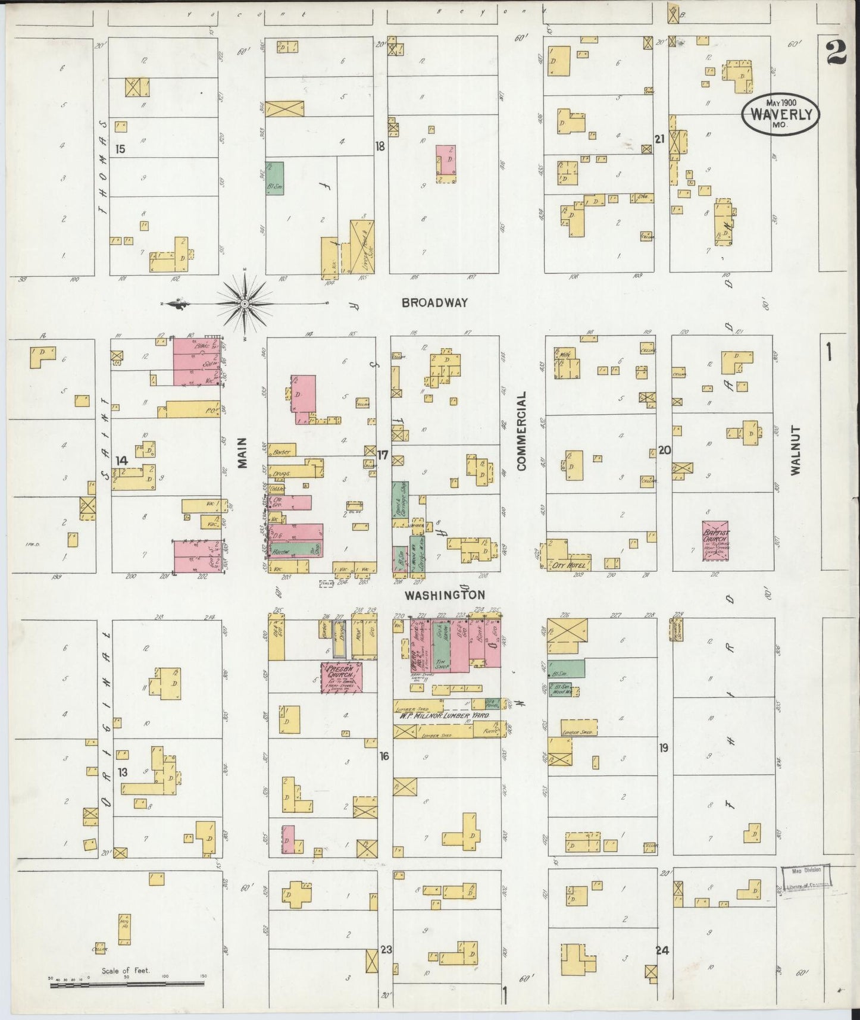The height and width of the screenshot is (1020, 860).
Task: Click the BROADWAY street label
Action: pyautogui.click(x=434, y=302)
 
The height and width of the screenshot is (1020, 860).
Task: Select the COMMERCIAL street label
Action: pyautogui.click(x=522, y=431)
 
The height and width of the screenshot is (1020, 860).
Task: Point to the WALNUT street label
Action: pyautogui.click(x=796, y=450)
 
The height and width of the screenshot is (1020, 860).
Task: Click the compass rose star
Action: pyautogui.click(x=245, y=304)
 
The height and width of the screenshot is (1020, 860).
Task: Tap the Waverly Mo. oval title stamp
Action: pyautogui.click(x=780, y=113)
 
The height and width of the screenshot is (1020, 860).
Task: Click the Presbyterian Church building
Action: pyautogui.click(x=341, y=678)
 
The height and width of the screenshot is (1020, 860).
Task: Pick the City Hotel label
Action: pyautogui.click(x=570, y=564)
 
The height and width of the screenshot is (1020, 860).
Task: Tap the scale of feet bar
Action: pyautogui.click(x=127, y=984)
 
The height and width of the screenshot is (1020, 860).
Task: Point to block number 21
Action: pyautogui.click(x=659, y=139)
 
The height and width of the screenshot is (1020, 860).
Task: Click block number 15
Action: pyautogui.click(x=121, y=149)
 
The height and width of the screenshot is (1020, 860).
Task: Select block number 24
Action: pyautogui.click(x=662, y=950)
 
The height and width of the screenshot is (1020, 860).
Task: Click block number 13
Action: pyautogui.click(x=122, y=772)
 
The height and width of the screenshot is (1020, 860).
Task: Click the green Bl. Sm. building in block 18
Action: pyautogui.click(x=274, y=177)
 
